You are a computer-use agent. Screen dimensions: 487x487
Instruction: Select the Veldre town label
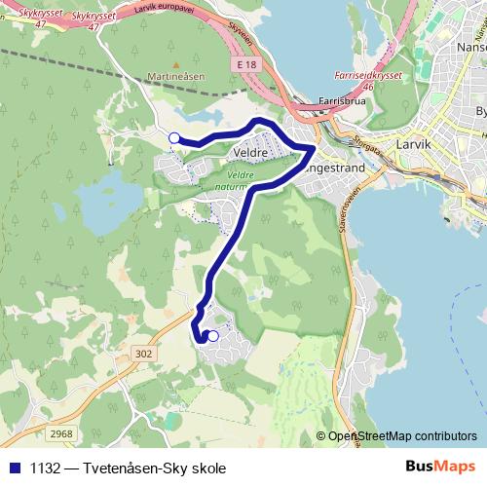251,153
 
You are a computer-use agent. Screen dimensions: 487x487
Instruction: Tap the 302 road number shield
145,354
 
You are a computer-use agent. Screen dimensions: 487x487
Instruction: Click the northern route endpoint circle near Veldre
174,138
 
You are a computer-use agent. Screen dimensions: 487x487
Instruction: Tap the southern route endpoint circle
213,336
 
